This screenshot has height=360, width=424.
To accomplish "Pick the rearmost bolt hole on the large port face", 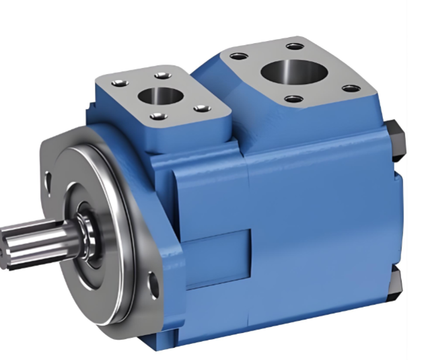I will point(293,46).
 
